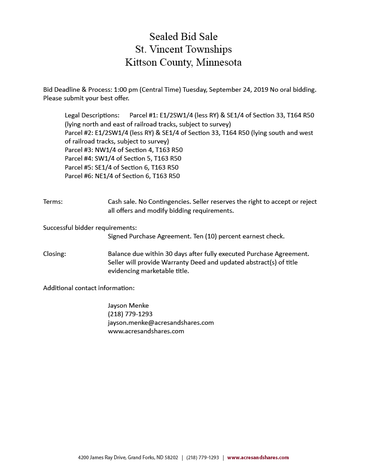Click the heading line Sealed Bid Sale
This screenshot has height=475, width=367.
[x=183, y=36]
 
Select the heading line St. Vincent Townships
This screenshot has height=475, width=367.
[x=183, y=49]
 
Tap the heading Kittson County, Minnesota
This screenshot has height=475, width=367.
[x=183, y=62]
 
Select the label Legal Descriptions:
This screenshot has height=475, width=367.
[x=92, y=115]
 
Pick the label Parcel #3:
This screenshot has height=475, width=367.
[x=79, y=150]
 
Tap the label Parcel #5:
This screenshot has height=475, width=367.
[x=79, y=167]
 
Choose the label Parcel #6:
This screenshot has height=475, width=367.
[x=79, y=176]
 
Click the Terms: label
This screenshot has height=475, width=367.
[x=53, y=202]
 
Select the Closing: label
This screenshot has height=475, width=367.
[x=54, y=254]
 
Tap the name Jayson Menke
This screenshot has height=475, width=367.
[x=128, y=305]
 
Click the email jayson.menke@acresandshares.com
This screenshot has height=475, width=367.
[x=161, y=323]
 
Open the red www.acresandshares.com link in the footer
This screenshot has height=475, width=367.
[x=258, y=457]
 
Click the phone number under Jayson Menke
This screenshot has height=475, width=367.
[x=130, y=314]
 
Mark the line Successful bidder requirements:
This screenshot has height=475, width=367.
[x=90, y=228]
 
